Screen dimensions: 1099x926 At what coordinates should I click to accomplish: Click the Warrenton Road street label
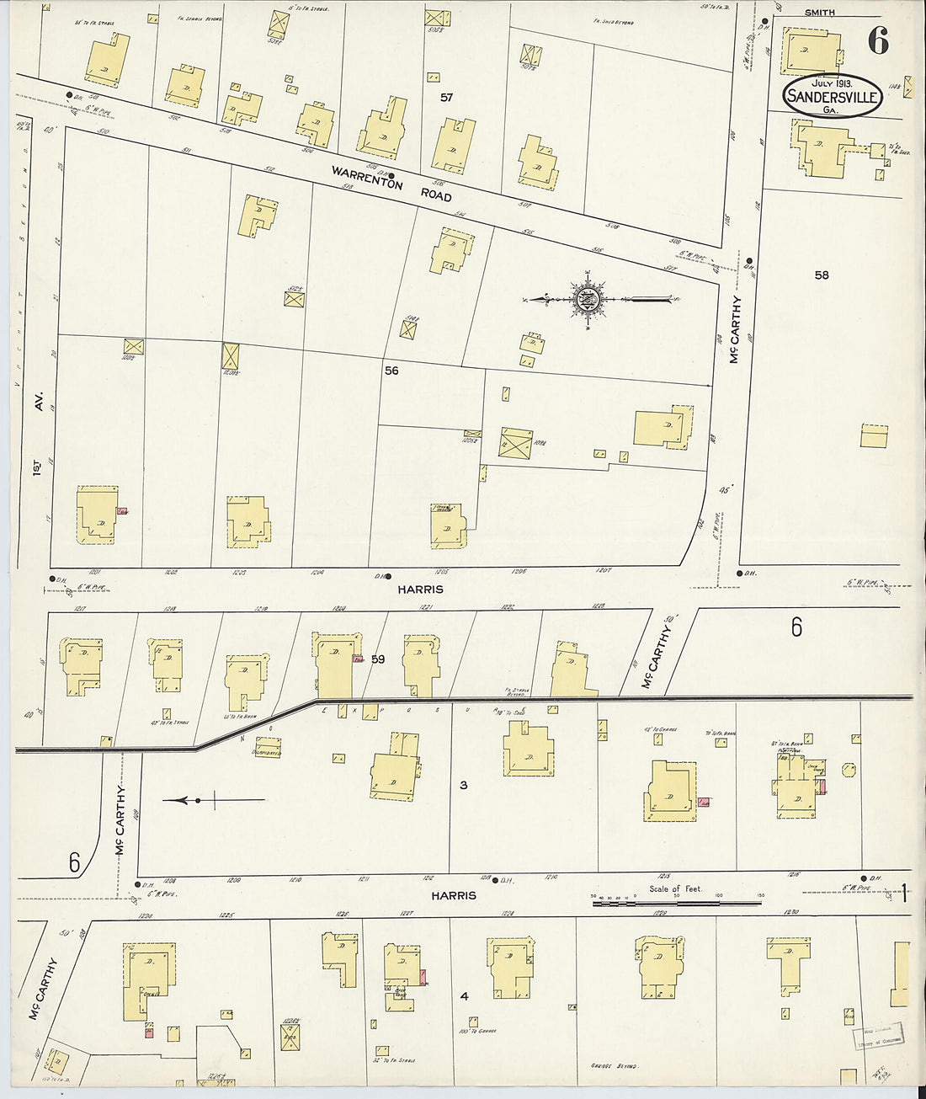(x=391, y=183)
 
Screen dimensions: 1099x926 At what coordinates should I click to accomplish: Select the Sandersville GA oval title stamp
(x=833, y=97)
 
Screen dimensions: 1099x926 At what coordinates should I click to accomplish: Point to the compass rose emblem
(x=587, y=298)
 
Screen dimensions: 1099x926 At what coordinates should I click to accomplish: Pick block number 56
(x=391, y=371)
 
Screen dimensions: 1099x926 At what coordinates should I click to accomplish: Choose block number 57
(x=447, y=98)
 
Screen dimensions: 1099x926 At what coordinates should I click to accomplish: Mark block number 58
(x=822, y=275)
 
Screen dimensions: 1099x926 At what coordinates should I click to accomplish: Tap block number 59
(x=378, y=659)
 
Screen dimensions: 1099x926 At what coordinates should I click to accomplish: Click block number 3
(x=463, y=786)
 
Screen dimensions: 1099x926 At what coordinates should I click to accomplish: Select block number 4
(x=464, y=996)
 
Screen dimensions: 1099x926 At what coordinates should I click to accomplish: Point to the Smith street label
(x=820, y=13)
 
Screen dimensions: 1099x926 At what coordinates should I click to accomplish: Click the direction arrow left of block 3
(x=215, y=800)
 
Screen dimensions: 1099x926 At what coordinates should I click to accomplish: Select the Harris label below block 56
(x=420, y=590)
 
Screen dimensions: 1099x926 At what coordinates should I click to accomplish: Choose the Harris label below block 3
(x=454, y=896)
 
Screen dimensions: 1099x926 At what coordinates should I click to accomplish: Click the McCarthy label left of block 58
(x=735, y=328)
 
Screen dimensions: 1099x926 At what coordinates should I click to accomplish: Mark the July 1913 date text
(x=832, y=83)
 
